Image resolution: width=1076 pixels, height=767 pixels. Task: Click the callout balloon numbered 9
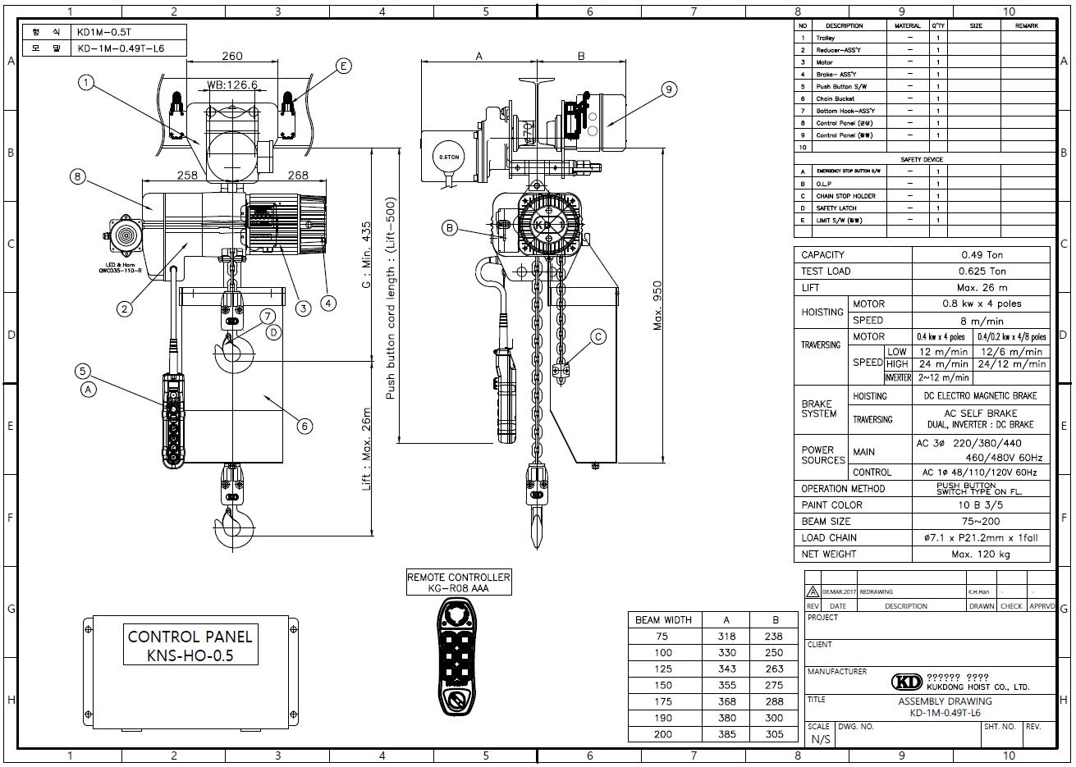pos(669,89)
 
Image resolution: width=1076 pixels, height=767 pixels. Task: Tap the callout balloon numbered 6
pos(304,426)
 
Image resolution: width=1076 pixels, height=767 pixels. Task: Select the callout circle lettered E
pos(343,66)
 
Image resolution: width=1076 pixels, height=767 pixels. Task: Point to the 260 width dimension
pos(232,57)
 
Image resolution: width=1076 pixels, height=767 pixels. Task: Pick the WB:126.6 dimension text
pos(232,84)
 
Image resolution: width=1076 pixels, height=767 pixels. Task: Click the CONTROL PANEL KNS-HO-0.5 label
pos(190,646)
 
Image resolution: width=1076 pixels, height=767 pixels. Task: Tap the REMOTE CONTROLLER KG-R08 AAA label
pos(459,582)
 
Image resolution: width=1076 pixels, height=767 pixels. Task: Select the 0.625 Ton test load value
pos(981,272)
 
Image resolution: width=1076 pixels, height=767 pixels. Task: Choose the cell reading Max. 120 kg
pos(981,555)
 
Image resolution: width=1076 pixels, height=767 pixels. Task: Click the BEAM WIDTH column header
pos(663,620)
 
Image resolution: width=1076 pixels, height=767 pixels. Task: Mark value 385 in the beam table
pos(726,735)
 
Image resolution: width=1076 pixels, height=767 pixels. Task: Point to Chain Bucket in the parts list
pos(836,98)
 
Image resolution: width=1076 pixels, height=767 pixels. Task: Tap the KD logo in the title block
pos(906,683)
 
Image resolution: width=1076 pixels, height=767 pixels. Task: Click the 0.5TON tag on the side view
pos(447,156)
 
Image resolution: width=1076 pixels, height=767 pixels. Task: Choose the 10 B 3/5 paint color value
pos(981,505)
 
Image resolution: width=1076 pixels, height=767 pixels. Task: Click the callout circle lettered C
pos(598,336)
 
